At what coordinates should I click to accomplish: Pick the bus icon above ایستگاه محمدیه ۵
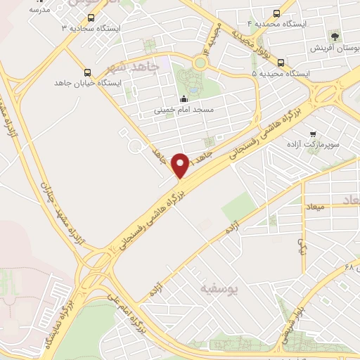[x=281, y=62]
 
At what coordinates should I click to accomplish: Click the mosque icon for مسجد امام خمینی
[x=184, y=99]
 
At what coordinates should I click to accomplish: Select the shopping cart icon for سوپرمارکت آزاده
[x=313, y=133]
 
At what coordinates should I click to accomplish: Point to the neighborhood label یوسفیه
[x=219, y=288]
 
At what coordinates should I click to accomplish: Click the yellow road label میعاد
[x=314, y=207]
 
